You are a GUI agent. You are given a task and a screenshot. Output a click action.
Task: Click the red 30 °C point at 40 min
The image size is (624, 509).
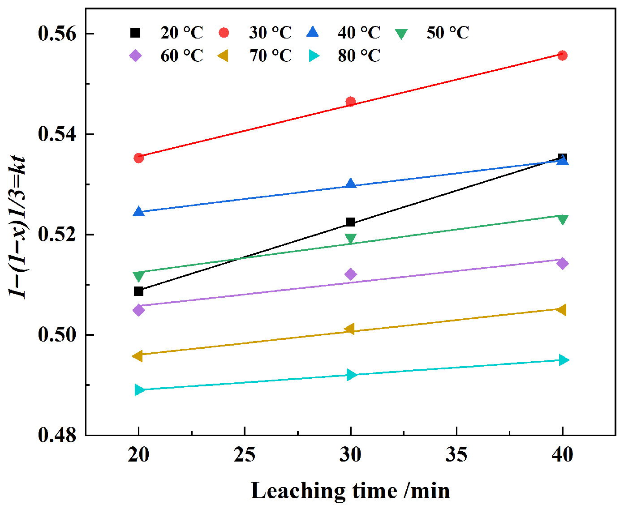tap(562, 56)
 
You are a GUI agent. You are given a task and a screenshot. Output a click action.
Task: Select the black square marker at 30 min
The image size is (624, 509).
tap(350, 222)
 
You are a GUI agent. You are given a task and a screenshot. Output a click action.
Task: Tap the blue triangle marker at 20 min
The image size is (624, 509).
tap(138, 211)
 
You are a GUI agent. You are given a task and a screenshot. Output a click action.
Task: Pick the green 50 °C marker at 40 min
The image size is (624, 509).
tap(562, 220)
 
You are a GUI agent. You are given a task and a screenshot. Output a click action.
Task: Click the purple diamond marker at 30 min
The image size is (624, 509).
tap(350, 274)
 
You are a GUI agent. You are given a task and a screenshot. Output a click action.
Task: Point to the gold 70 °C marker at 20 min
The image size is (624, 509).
tap(138, 356)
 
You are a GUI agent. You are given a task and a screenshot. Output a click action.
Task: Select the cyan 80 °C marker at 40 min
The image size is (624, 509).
tap(564, 360)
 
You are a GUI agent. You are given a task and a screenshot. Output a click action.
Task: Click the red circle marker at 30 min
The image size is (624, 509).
tap(350, 102)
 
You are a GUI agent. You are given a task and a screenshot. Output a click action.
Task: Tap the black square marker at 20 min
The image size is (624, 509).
tap(138, 291)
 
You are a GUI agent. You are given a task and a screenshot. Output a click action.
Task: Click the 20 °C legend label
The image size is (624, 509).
tap(182, 32)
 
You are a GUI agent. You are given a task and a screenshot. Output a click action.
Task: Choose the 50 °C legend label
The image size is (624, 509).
tap(448, 32)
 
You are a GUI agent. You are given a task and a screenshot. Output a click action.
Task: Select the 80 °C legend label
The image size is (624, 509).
tap(359, 56)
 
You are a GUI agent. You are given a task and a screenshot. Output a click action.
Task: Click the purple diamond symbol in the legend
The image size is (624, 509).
tap(136, 56)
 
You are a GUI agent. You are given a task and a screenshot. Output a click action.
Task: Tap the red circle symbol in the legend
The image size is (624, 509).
tap(224, 33)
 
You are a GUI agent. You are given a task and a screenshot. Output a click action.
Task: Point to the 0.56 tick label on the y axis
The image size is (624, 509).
tap(57, 33)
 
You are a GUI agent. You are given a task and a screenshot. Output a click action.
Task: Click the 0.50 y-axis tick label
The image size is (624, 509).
tap(57, 335)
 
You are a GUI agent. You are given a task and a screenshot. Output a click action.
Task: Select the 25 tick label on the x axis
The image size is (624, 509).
tap(245, 454)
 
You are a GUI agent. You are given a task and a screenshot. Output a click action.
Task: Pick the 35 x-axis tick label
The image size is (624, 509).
tap(456, 454)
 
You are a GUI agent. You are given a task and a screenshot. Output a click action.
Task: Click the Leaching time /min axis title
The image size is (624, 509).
tap(350, 491)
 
